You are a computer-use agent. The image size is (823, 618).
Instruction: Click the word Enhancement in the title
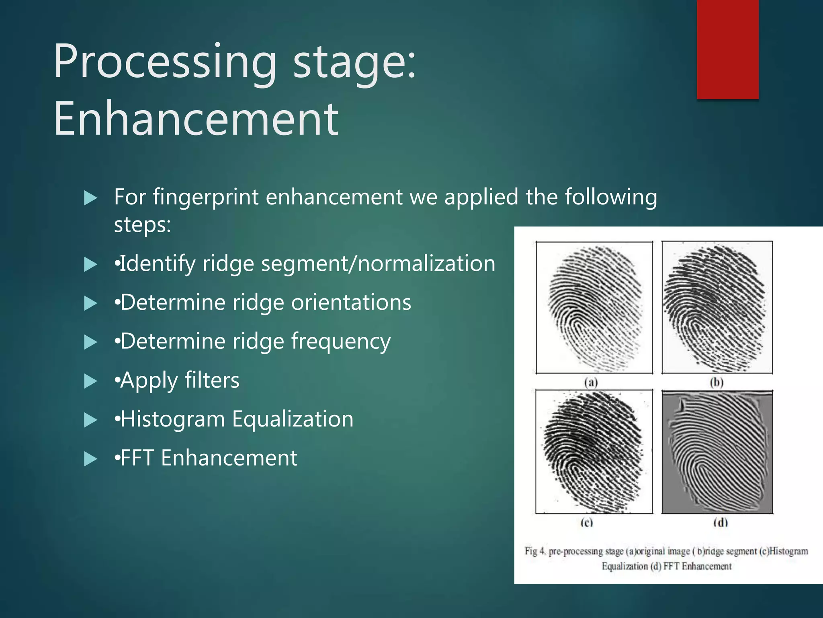[196, 119]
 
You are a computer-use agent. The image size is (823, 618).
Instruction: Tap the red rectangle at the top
[727, 49]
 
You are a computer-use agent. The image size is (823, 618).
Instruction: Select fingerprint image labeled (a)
[594, 307]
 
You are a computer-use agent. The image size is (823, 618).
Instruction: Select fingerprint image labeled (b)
[717, 307]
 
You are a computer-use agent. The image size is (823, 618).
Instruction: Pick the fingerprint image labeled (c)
[594, 451]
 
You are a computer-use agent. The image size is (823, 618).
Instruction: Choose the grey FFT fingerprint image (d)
[717, 451]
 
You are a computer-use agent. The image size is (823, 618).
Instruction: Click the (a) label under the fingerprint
[591, 382]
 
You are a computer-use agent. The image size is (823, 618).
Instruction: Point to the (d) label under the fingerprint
[720, 523]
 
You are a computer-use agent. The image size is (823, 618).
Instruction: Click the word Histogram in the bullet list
[173, 419]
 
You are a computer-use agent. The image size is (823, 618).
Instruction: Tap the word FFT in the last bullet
[137, 458]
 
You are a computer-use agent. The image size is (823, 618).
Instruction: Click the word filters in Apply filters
[212, 381]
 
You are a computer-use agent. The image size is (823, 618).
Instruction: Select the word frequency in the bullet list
[341, 342]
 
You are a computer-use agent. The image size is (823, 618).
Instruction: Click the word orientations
[351, 303]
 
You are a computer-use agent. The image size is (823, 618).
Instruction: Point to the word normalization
[426, 264]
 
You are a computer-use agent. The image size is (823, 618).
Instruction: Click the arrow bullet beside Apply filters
[90, 381]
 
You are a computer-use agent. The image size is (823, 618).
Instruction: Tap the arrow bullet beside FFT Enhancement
[90, 459]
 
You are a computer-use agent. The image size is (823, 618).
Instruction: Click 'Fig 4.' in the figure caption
[535, 551]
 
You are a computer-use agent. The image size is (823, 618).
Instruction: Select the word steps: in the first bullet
[142, 225]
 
